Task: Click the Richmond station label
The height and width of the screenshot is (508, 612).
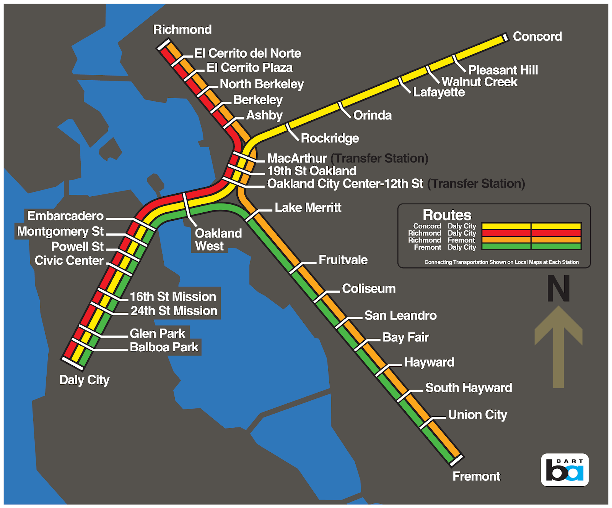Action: tap(182, 30)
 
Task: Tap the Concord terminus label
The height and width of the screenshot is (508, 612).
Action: tap(537, 37)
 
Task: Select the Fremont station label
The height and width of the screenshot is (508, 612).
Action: tap(476, 476)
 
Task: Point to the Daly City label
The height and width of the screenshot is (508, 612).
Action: tap(84, 380)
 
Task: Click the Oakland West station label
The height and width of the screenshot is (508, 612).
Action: tap(218, 239)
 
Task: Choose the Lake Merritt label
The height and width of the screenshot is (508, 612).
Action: tap(308, 208)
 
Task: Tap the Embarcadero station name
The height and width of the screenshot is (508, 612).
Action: tap(65, 216)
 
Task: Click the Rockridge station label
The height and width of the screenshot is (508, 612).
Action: tap(330, 138)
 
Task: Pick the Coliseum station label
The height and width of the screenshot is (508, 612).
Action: tap(369, 289)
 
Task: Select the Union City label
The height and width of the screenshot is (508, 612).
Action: tap(477, 415)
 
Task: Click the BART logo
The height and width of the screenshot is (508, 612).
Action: tap(565, 470)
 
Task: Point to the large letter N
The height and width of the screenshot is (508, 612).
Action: tap(558, 289)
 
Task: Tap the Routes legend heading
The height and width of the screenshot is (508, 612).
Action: tap(447, 215)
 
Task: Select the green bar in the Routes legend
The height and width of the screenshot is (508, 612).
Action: tap(531, 247)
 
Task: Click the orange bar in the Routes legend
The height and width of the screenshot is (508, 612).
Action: tap(531, 240)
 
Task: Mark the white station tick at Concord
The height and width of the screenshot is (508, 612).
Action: tap(505, 37)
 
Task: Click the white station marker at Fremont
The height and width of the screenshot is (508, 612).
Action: tap(456, 461)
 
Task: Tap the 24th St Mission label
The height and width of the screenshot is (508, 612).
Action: tap(174, 311)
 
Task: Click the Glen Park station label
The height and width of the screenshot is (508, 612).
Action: tap(157, 333)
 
